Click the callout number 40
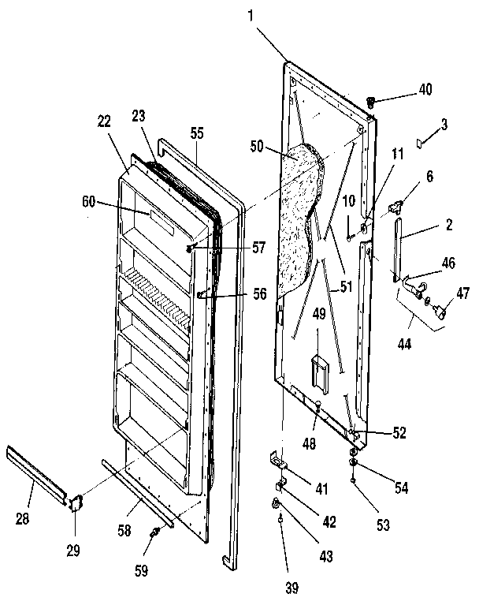click(x=425, y=90)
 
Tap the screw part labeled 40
click(x=373, y=101)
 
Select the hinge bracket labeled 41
click(x=277, y=457)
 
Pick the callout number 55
click(x=196, y=135)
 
